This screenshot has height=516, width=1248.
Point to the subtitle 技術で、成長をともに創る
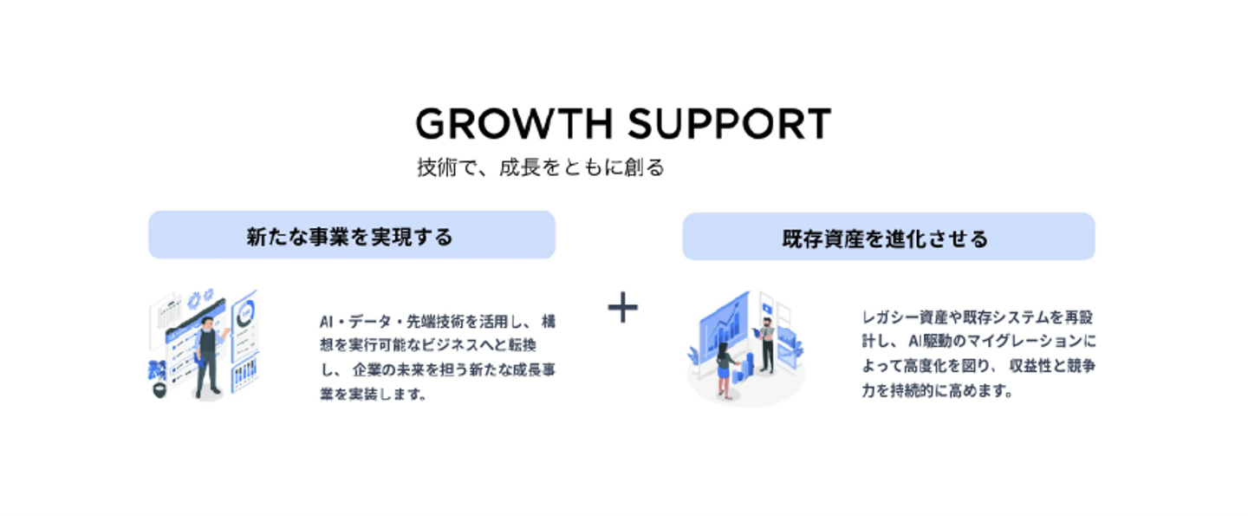[540, 167]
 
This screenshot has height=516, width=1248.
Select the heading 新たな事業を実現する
[351, 236]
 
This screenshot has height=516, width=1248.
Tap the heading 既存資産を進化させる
[887, 238]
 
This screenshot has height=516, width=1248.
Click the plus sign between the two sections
[622, 308]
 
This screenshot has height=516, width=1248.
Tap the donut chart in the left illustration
[246, 310]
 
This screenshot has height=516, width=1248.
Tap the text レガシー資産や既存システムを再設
[978, 317]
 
